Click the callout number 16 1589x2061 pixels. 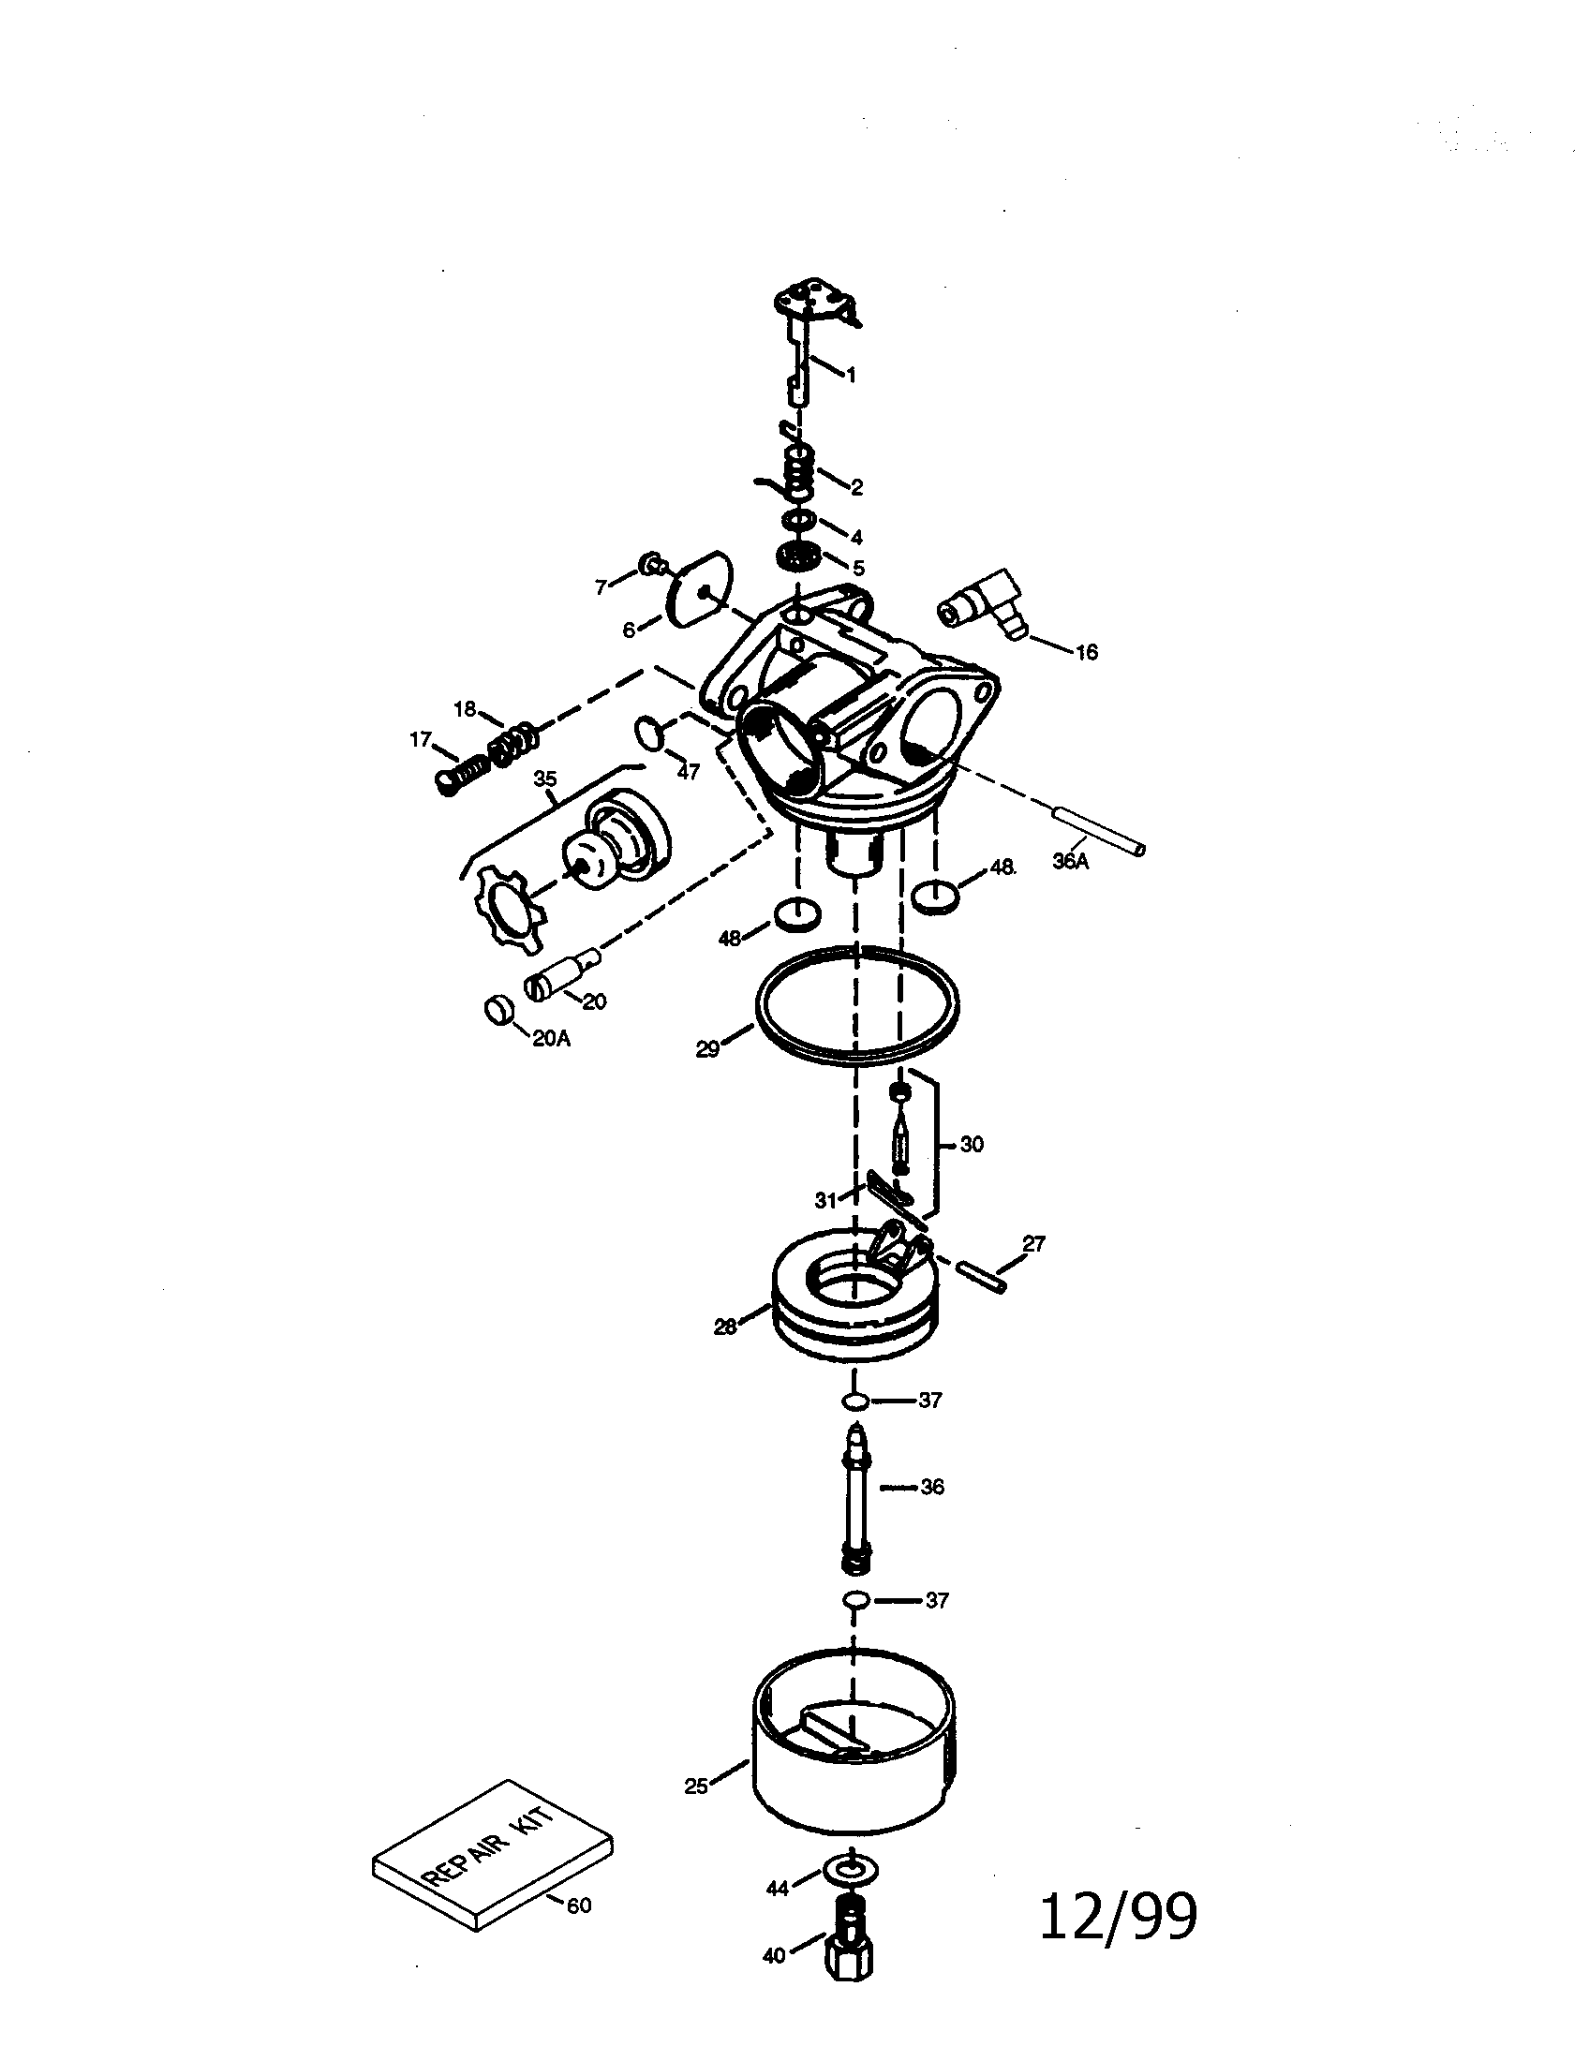pos(1086,652)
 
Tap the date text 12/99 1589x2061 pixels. pos(1118,1917)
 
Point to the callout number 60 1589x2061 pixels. pos(579,1905)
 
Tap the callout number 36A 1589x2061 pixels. pos(1070,861)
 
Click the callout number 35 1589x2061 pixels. pos(545,778)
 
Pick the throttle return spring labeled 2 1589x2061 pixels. pos(798,469)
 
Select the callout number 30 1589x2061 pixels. pos(971,1145)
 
